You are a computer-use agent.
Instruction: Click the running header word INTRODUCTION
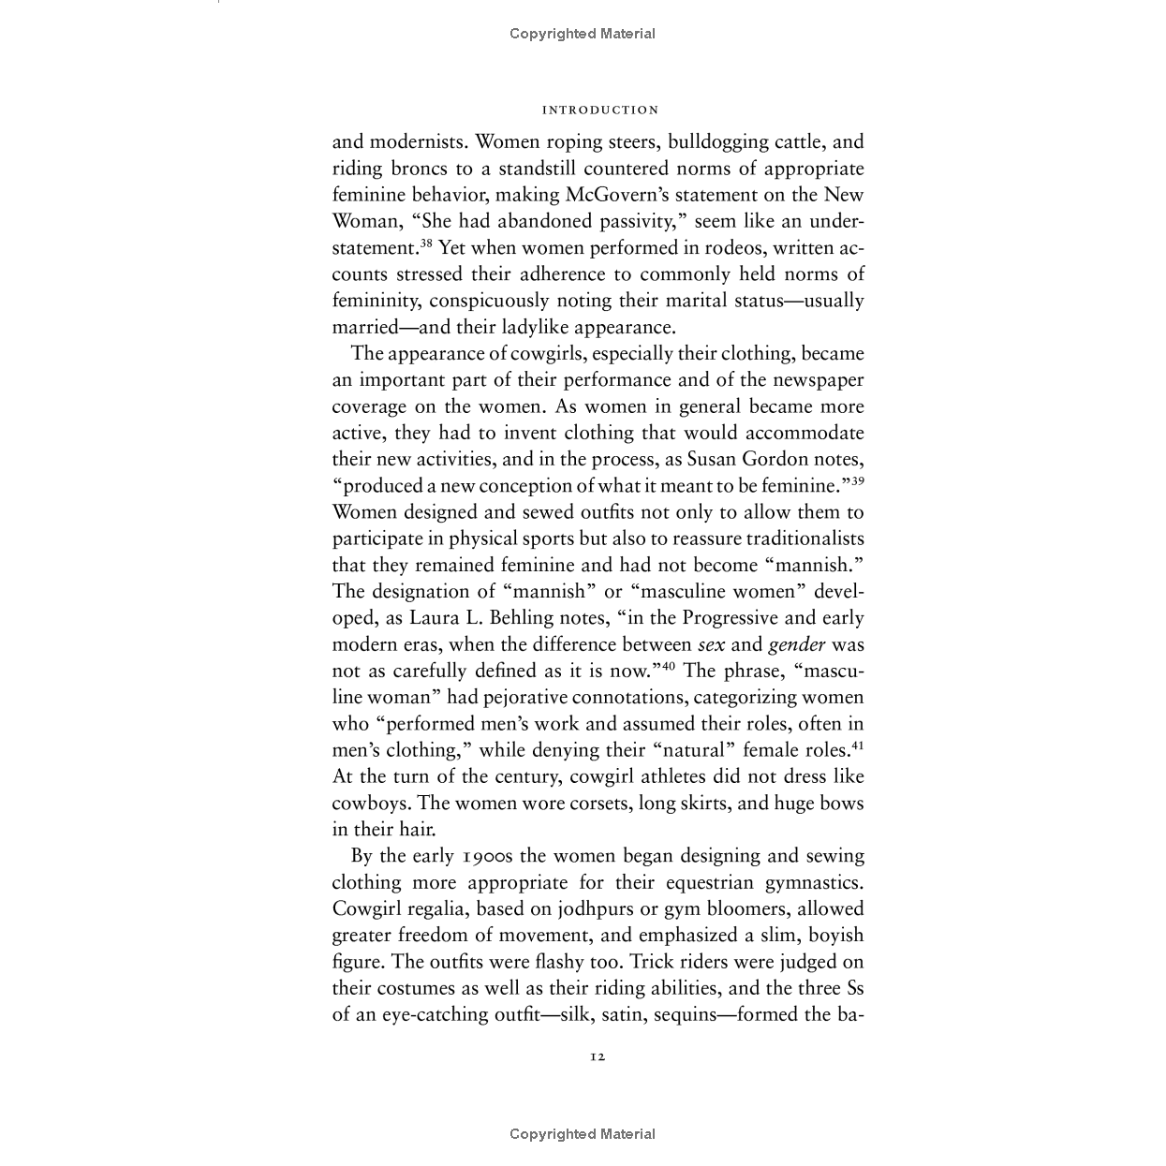pyautogui.click(x=600, y=111)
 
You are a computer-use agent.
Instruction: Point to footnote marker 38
pyautogui.click(x=425, y=243)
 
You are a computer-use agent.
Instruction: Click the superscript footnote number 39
pyautogui.click(x=857, y=480)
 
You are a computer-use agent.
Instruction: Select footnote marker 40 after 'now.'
pyautogui.click(x=669, y=666)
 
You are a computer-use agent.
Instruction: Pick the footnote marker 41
pyautogui.click(x=857, y=745)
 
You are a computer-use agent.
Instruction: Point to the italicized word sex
pyautogui.click(x=712, y=645)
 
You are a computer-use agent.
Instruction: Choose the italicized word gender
pyautogui.click(x=796, y=645)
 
